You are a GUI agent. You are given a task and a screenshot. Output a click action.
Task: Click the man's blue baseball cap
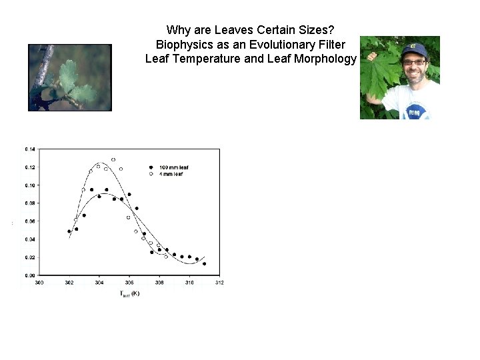[x=413, y=49]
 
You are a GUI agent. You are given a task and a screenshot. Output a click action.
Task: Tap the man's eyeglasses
[x=414, y=62]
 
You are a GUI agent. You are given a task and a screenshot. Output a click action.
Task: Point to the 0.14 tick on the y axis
[x=30, y=148]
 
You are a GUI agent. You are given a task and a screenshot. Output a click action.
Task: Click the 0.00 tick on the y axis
[x=30, y=275]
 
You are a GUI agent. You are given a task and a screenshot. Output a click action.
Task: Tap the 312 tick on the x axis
[x=219, y=283]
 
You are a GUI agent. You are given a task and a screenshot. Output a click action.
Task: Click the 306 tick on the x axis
[x=129, y=283]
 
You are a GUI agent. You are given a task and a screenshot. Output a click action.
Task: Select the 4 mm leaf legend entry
[x=167, y=173]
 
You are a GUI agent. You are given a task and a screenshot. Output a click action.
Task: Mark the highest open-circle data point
[x=113, y=160]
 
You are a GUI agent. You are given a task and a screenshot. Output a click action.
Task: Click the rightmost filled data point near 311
[x=204, y=263]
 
